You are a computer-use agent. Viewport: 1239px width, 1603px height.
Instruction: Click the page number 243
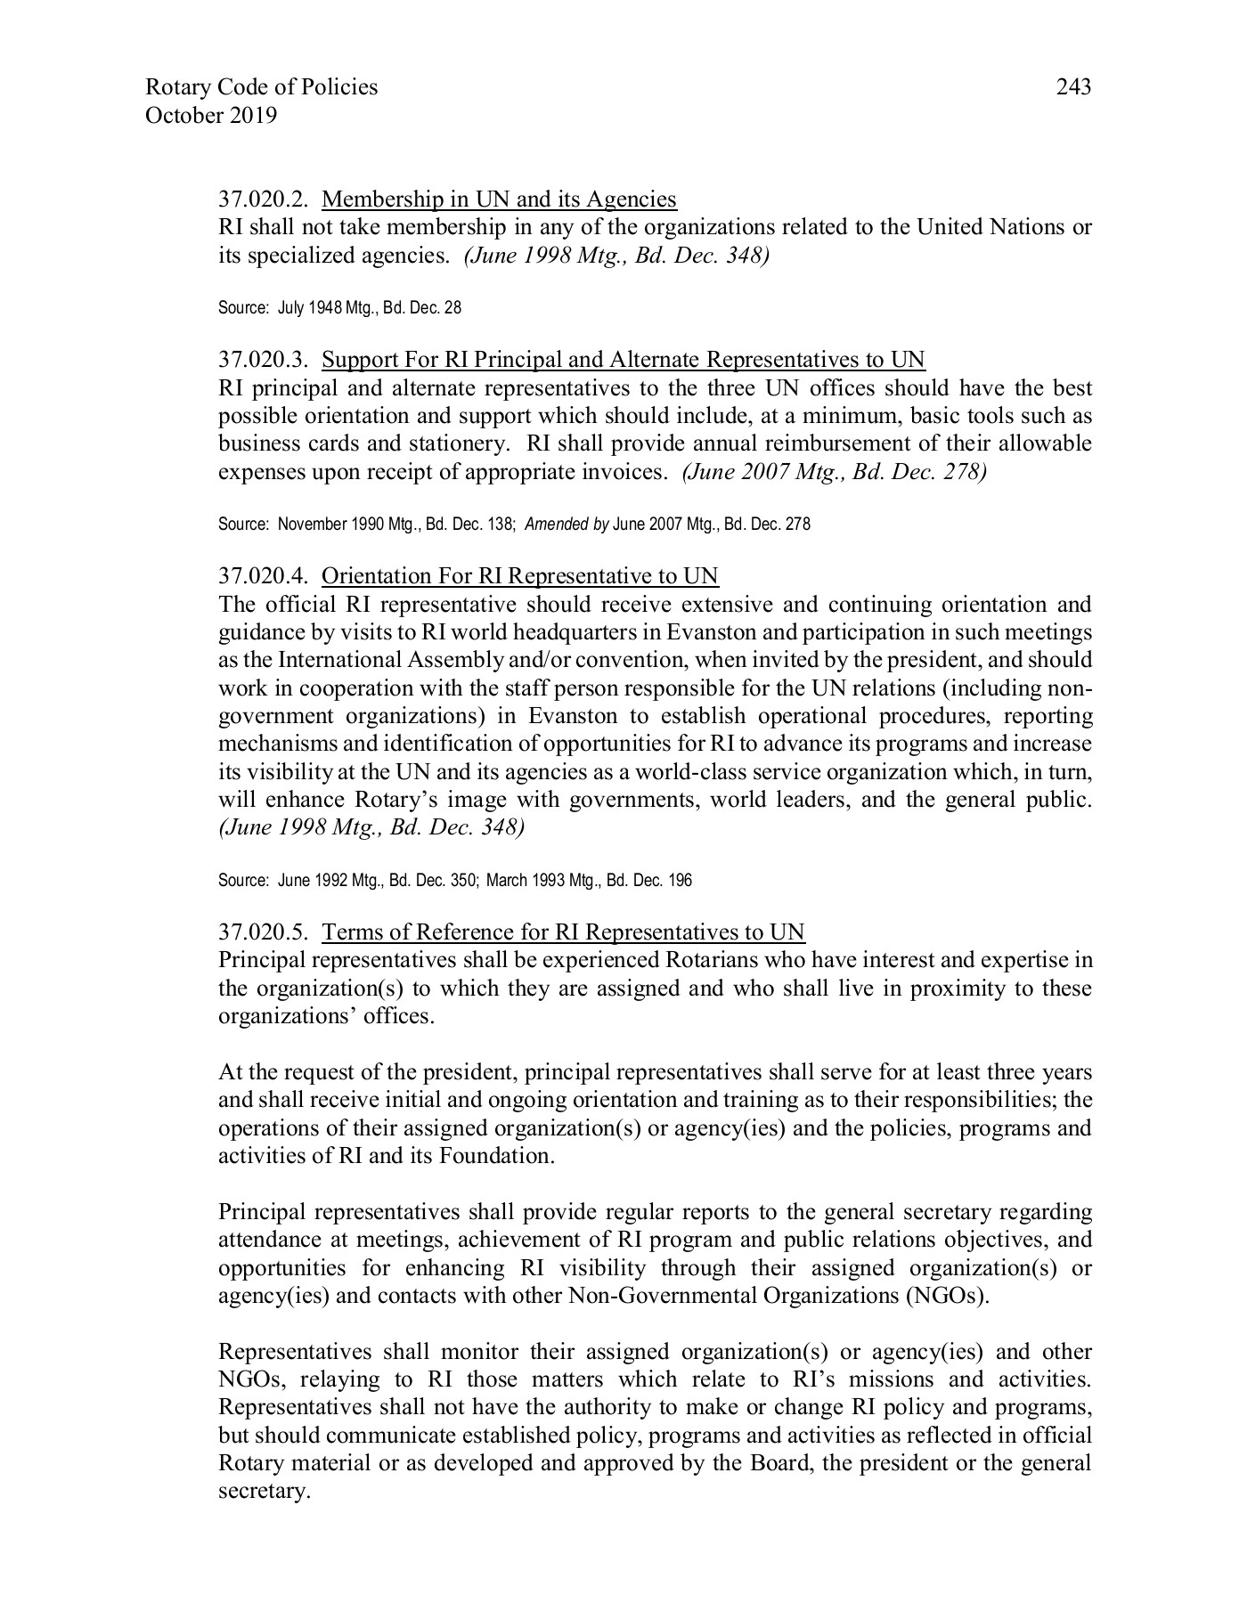pyautogui.click(x=1073, y=87)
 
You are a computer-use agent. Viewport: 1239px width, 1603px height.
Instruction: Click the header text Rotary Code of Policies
pyautogui.click(x=261, y=87)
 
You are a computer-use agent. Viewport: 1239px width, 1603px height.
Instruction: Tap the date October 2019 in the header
pyautogui.click(x=210, y=116)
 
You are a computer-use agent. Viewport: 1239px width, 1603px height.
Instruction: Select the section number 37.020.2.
pyautogui.click(x=263, y=199)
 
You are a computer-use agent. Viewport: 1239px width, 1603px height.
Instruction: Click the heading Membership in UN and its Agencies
pyautogui.click(x=499, y=199)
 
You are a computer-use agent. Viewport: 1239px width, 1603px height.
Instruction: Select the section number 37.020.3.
pyautogui.click(x=263, y=360)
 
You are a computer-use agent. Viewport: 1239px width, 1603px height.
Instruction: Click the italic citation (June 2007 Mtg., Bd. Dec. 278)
pyautogui.click(x=834, y=471)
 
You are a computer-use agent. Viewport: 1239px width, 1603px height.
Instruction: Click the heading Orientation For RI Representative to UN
pyautogui.click(x=519, y=576)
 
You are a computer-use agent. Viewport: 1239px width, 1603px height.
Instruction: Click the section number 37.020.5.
pyautogui.click(x=263, y=932)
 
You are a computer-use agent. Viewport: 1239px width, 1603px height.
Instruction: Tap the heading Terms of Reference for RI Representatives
pyautogui.click(x=563, y=932)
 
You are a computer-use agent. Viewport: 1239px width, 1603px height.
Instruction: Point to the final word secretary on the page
pyautogui.click(x=263, y=1491)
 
